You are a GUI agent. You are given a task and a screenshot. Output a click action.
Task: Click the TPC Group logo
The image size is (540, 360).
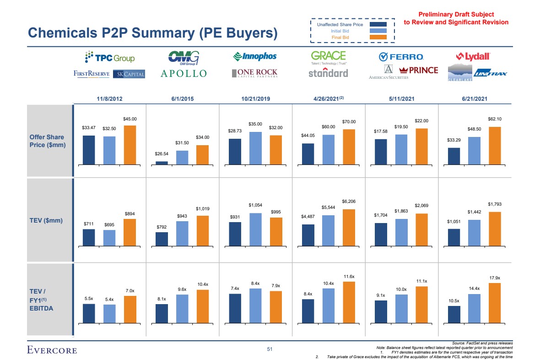(x=109, y=58)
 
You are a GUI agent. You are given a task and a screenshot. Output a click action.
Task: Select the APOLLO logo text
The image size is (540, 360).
(x=183, y=73)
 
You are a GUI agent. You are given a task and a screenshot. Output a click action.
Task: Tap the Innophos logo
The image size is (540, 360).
(x=255, y=56)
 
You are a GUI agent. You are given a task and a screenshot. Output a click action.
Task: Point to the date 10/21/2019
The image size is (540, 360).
(x=255, y=98)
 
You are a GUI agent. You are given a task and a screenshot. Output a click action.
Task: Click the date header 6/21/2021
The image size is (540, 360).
(x=475, y=98)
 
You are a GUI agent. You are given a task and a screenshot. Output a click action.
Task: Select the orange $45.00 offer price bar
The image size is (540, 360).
(x=130, y=145)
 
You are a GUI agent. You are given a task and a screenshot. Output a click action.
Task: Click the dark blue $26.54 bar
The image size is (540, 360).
(x=162, y=163)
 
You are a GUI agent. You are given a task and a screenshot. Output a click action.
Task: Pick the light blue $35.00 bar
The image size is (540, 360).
(x=255, y=148)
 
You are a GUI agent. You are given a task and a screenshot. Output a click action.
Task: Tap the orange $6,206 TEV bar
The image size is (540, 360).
(x=349, y=228)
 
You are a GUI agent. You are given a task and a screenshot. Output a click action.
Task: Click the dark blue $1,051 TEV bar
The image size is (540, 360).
(x=454, y=237)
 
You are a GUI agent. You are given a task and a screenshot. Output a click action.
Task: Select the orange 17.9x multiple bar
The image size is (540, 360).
(x=495, y=303)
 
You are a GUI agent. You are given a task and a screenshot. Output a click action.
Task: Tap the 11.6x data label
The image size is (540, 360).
(x=349, y=277)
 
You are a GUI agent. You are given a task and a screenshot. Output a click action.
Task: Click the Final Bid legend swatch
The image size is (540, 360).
(x=378, y=37)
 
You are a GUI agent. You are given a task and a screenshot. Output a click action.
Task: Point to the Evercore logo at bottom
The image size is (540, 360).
(x=52, y=350)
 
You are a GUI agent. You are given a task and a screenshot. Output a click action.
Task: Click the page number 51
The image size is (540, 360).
(x=270, y=350)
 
